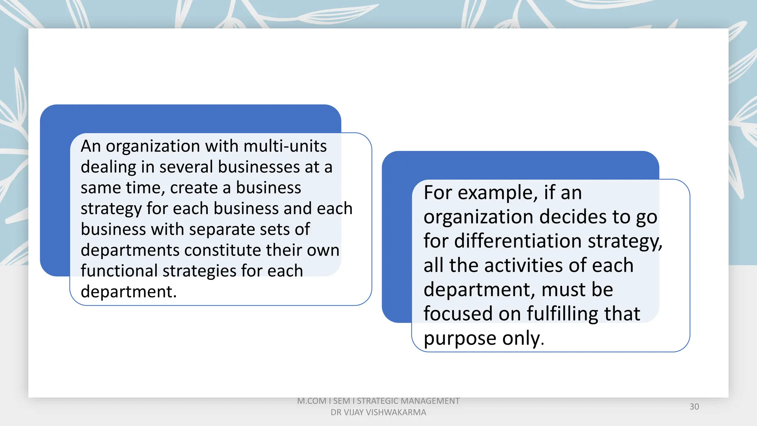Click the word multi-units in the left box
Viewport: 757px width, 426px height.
point(285,146)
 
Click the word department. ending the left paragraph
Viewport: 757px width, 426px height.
point(129,292)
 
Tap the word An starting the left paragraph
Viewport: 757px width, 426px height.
point(91,146)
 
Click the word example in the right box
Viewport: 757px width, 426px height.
point(498,193)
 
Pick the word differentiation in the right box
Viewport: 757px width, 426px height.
point(518,241)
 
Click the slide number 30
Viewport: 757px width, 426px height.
point(694,407)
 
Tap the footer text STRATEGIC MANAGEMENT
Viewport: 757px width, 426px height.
point(408,401)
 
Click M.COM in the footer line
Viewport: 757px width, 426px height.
point(312,401)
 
